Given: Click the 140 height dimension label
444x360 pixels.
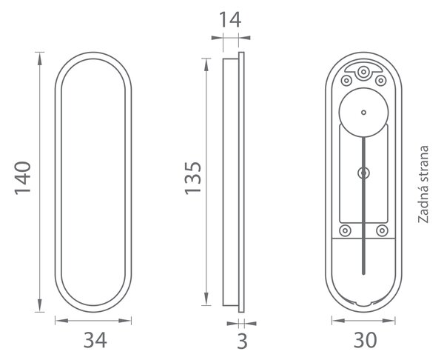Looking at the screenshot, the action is point(23,178).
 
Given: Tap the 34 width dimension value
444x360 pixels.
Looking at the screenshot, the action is point(95,340).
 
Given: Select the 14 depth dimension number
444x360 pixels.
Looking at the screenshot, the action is point(230,19).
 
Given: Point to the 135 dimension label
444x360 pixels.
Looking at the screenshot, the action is point(193,178).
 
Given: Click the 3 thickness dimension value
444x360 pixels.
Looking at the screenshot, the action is point(242,341).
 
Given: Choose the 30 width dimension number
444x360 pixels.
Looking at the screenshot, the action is point(365,340).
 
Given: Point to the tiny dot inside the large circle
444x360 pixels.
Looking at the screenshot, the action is point(363,113).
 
